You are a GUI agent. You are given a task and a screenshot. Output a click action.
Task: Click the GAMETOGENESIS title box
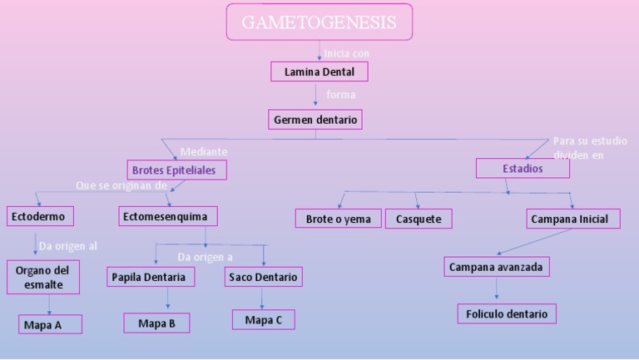(319, 22)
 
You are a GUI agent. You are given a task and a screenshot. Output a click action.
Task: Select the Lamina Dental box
(319, 72)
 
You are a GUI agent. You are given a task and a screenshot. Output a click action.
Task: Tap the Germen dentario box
(315, 120)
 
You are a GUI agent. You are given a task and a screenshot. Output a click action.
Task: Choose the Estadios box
(523, 168)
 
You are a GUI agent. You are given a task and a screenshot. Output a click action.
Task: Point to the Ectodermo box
(38, 217)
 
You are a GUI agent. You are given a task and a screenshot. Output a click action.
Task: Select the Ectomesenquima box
(168, 217)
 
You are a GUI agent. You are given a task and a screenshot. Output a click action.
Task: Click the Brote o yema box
(338, 219)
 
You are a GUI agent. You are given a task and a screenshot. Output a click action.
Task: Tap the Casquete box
(419, 219)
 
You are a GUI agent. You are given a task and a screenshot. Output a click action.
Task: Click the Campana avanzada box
(496, 267)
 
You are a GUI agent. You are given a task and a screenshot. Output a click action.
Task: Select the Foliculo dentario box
(507, 314)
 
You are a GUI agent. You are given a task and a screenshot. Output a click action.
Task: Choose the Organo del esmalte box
(42, 277)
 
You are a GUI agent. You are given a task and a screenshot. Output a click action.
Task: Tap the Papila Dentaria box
(151, 277)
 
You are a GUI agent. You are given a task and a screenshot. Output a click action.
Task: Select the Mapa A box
(50, 324)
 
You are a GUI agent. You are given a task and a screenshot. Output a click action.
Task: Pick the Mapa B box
(156, 323)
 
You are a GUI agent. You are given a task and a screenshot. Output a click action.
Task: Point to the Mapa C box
(263, 319)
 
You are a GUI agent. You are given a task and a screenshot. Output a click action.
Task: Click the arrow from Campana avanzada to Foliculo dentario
(497, 288)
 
